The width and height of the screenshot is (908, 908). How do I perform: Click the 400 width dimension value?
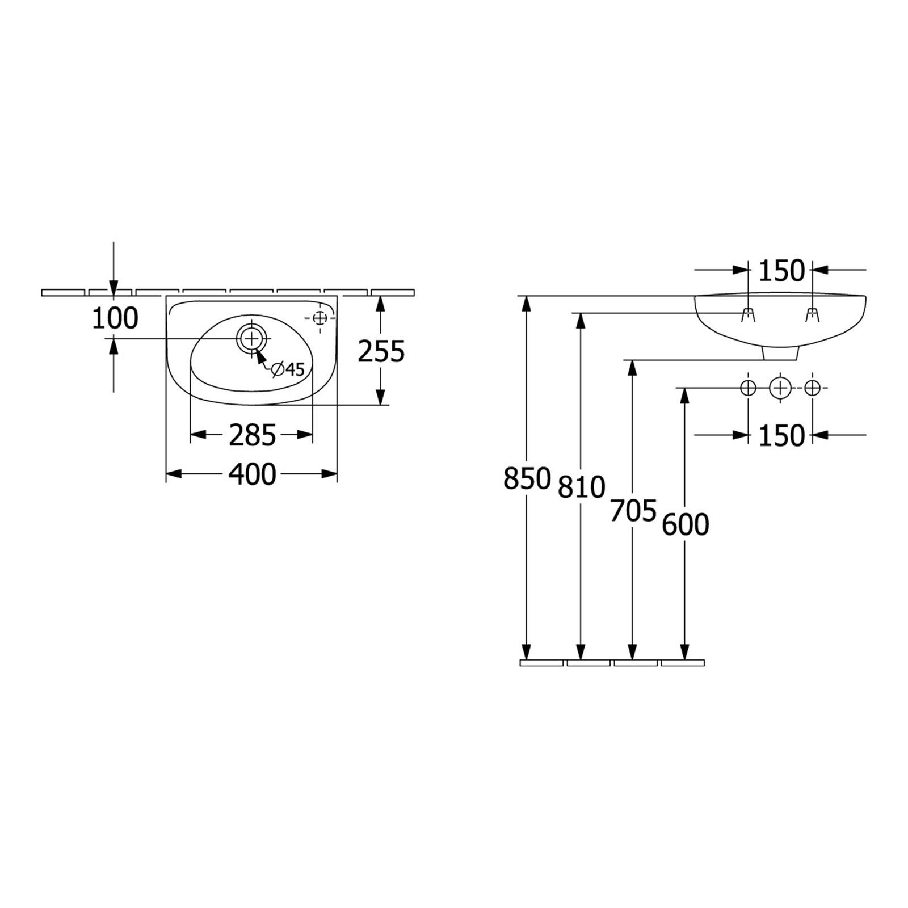tap(252, 474)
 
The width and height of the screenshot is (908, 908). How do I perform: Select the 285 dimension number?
tap(252, 435)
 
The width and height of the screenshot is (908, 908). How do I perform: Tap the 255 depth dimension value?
tap(381, 351)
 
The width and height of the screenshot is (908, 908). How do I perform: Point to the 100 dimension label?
tap(115, 318)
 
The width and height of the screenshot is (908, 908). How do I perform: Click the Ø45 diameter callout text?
tap(288, 369)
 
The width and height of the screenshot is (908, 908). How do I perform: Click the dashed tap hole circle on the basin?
tap(320, 317)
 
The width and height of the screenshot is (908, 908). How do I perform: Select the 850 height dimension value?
tap(527, 478)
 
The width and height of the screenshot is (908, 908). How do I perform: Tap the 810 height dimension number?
tap(582, 487)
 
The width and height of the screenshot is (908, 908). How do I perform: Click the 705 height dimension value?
tap(633, 511)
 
